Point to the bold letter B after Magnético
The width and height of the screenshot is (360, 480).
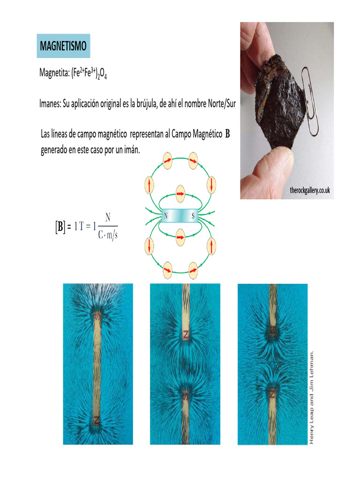click(227, 135)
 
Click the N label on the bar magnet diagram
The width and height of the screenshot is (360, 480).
click(165, 216)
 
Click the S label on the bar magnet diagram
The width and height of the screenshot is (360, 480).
click(193, 216)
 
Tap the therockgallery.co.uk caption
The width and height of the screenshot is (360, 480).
click(310, 190)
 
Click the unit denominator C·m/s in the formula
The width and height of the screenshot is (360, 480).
click(108, 235)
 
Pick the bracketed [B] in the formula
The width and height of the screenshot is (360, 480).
click(60, 227)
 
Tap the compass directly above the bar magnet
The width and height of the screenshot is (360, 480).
click(180, 192)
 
